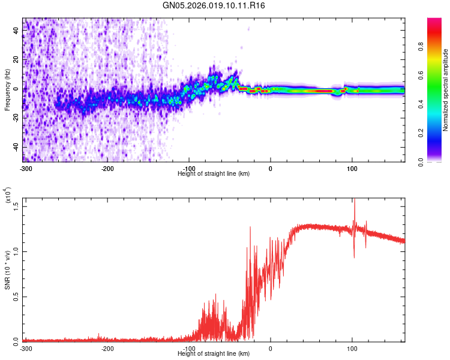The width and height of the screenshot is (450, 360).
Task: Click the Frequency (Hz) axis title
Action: click(7, 90)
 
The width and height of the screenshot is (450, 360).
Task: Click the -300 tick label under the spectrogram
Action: click(25, 168)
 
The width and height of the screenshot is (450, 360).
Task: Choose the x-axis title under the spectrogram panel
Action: click(214, 173)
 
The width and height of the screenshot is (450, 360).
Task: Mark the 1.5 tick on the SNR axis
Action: click(16, 206)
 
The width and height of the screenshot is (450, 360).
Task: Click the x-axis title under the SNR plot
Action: click(214, 353)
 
